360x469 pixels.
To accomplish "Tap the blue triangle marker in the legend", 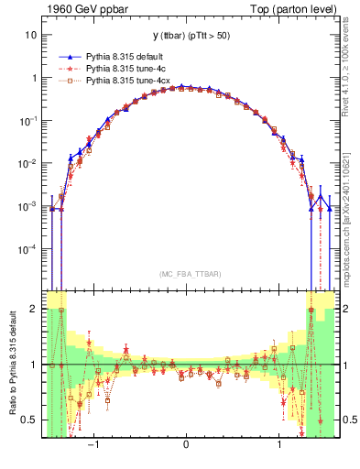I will point(68,56).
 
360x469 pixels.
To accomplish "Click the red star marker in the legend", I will point(68,69).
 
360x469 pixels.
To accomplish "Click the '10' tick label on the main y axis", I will point(30,35).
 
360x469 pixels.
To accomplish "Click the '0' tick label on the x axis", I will point(186,445).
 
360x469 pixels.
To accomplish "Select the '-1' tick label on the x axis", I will point(92,445).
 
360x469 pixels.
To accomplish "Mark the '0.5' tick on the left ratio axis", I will point(29,420).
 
